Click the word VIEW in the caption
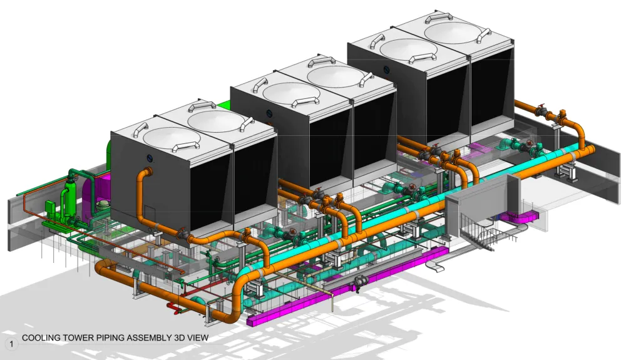tap(198, 338)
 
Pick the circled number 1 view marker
tap(11, 344)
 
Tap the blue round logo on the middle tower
tap(269, 113)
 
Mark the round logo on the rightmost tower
tap(386, 69)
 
